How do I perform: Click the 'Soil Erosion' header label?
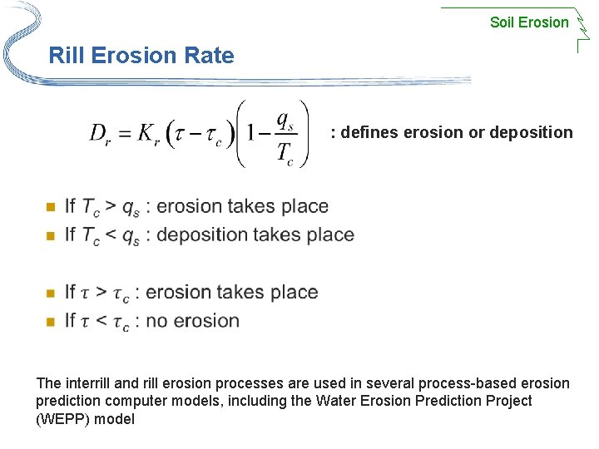click(x=529, y=22)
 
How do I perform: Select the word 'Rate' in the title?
click(x=210, y=57)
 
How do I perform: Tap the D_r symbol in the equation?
click(x=100, y=134)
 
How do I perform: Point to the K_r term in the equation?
click(x=147, y=134)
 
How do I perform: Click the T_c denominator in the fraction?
click(x=285, y=151)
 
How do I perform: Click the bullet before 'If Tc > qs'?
click(x=49, y=206)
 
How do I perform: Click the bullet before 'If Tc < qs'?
click(x=49, y=235)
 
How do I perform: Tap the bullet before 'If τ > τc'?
click(x=49, y=293)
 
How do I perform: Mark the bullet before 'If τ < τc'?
click(x=49, y=321)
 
